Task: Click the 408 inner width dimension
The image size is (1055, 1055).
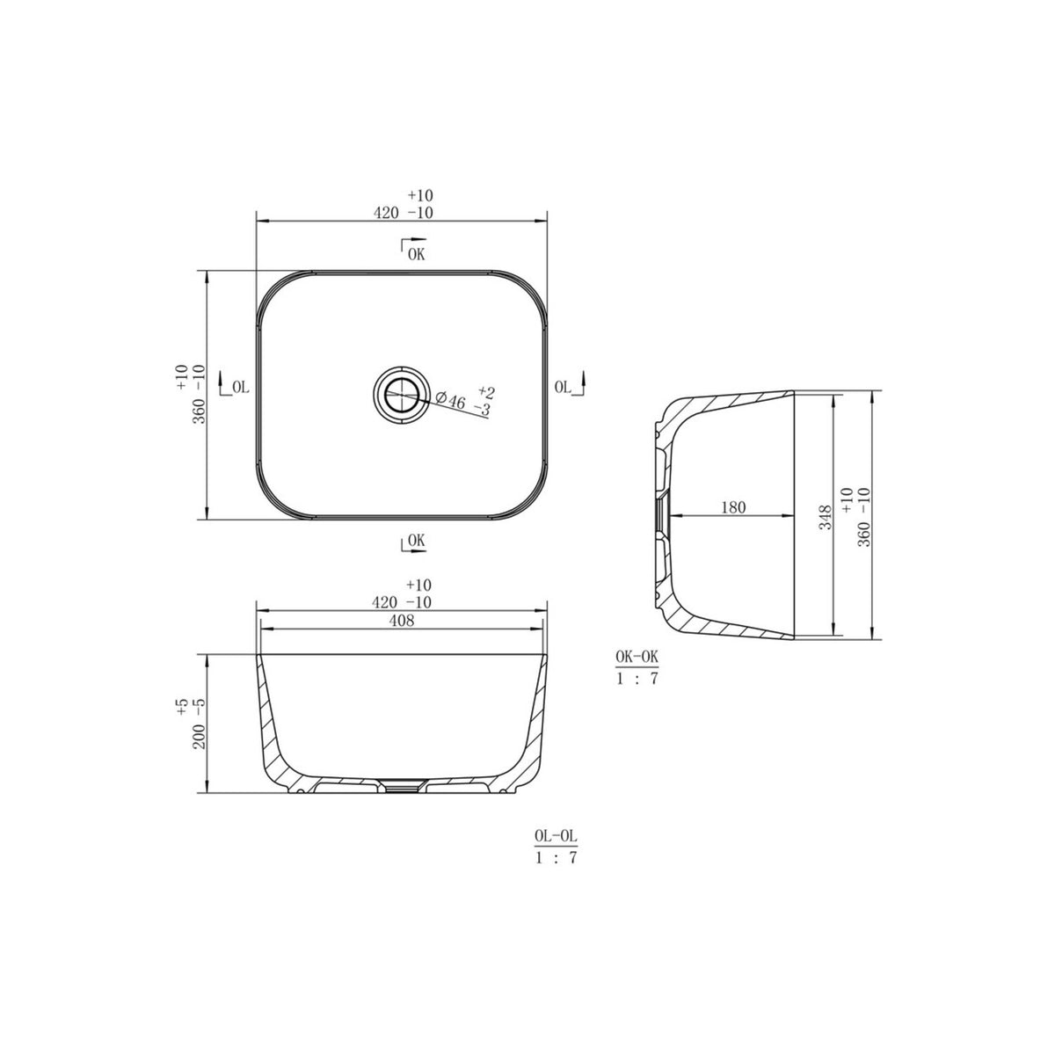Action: [x=401, y=621]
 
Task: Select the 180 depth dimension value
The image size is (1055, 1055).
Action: [x=733, y=507]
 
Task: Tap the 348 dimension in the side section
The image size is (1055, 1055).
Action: [x=825, y=517]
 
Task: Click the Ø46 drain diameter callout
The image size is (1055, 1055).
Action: [x=451, y=400]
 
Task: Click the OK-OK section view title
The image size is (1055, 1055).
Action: [x=637, y=657]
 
